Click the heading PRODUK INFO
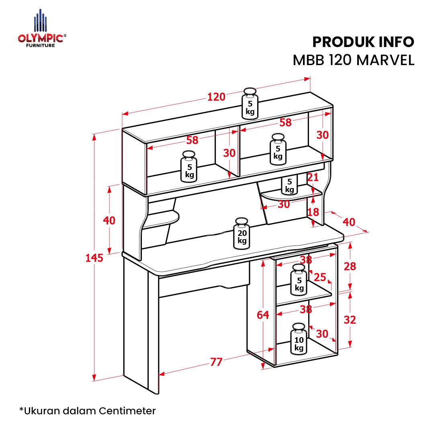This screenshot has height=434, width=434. point(363,42)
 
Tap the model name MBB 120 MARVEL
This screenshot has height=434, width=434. point(354,60)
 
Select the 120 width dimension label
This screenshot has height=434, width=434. point(216,97)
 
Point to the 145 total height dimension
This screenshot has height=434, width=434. point(94,258)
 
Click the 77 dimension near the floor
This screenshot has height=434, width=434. point(216,362)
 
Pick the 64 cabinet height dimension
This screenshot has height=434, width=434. point(263,315)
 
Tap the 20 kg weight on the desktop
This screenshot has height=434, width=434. point(242,233)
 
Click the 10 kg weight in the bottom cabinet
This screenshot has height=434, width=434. point(299,339)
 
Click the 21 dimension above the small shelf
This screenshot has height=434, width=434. point(313,178)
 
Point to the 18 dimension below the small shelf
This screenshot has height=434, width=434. point(313,212)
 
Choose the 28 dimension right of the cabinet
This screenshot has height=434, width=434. point(350,266)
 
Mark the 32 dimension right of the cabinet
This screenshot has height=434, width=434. point(350,320)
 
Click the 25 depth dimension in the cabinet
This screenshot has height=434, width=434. point(320,277)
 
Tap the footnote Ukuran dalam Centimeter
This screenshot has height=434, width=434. point(88,411)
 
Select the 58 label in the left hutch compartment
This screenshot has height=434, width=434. point(192,140)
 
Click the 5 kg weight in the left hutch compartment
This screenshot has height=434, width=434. point(189,167)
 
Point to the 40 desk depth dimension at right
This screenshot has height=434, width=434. point(349,222)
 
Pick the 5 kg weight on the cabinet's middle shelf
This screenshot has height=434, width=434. point(299,280)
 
